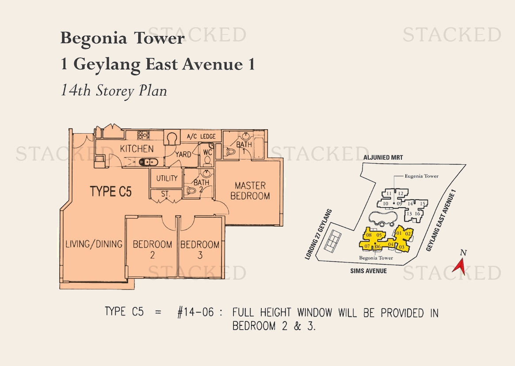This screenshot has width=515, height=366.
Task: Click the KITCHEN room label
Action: tap(137, 149)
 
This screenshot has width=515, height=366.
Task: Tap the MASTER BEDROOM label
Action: tap(250, 190)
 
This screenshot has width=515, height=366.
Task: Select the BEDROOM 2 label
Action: tap(153, 249)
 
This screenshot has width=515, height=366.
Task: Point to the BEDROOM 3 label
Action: tap(200, 249)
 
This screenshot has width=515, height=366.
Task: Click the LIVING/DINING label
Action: tap(94, 244)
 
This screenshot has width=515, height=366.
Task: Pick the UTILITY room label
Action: tap(167, 178)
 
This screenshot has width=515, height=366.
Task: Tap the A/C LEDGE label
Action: tap(201, 136)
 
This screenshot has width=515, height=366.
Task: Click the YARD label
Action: tap(183, 154)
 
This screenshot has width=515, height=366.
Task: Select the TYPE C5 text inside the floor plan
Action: tap(111, 191)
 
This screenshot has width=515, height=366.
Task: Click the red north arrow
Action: tap(460, 266)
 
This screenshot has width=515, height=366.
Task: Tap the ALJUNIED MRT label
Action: tap(383, 158)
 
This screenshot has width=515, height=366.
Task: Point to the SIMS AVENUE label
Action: tap(368, 271)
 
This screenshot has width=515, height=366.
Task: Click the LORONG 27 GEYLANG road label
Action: tap(318, 235)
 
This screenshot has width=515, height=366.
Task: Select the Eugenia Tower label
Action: tap(421, 176)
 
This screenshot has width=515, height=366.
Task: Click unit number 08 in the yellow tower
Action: tap(369, 235)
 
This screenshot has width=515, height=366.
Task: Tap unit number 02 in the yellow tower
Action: tap(408, 234)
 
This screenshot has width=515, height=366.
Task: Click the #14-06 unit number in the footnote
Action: tap(195, 312)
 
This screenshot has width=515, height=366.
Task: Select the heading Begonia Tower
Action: tap(122, 38)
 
